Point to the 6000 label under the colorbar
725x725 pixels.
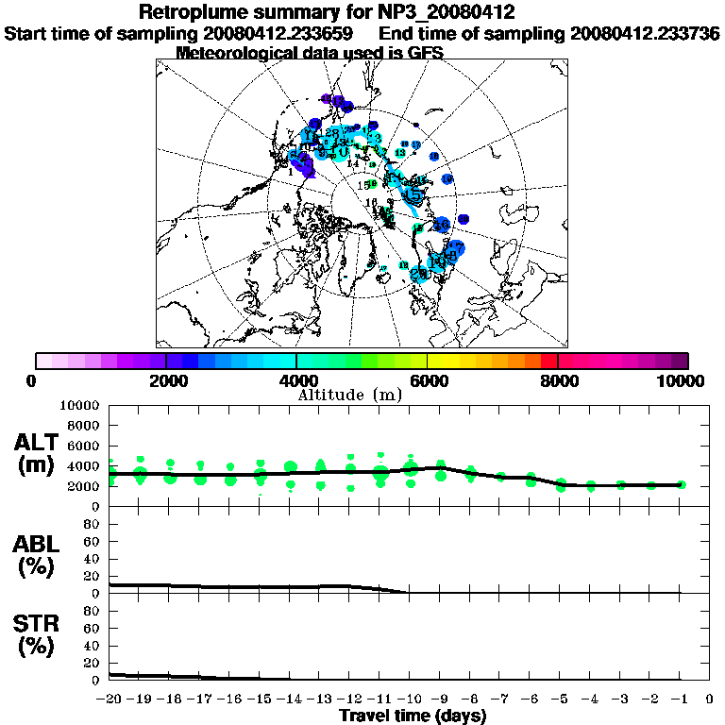tap(428, 380)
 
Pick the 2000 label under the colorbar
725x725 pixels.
tap(166, 380)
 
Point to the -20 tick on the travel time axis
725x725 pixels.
tap(110, 700)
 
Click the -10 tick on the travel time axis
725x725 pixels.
tap(409, 700)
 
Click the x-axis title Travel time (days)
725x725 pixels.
tap(413, 716)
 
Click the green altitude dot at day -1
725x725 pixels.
tap(681, 484)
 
